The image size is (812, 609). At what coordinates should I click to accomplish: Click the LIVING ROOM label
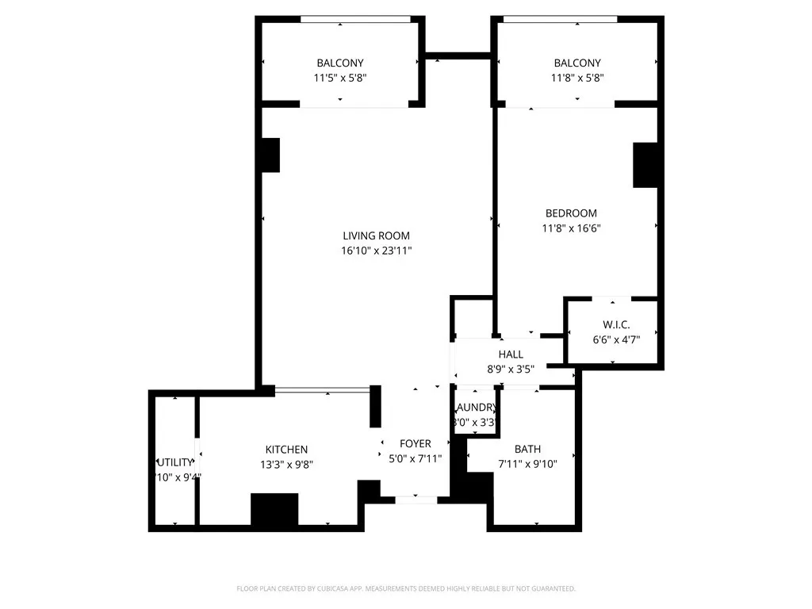click(x=376, y=236)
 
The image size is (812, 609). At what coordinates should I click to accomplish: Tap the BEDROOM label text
click(x=571, y=213)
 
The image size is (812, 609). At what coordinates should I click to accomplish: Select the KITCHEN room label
click(x=286, y=450)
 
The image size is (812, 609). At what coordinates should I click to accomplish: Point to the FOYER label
click(x=416, y=444)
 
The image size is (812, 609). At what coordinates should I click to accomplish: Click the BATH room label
click(x=527, y=449)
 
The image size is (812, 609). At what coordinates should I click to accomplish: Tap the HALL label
click(x=511, y=354)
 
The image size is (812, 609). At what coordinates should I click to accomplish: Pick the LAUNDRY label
click(x=476, y=408)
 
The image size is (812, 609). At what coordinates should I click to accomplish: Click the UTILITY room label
click(x=174, y=462)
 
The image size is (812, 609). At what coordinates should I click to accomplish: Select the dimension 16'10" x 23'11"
click(x=376, y=251)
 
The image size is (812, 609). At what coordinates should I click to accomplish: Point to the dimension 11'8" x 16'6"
click(x=571, y=228)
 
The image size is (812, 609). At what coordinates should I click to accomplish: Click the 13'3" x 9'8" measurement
click(x=286, y=465)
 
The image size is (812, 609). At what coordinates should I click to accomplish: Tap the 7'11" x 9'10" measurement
click(x=527, y=464)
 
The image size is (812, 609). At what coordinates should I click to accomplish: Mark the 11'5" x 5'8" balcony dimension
click(x=340, y=78)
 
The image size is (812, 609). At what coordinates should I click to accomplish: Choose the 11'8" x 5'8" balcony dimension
click(x=577, y=78)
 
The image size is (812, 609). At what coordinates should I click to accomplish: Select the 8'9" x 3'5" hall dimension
click(x=511, y=369)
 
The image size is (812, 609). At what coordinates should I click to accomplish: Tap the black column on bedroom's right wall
click(x=645, y=165)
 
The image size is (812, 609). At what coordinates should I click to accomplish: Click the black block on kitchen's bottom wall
click(x=274, y=509)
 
